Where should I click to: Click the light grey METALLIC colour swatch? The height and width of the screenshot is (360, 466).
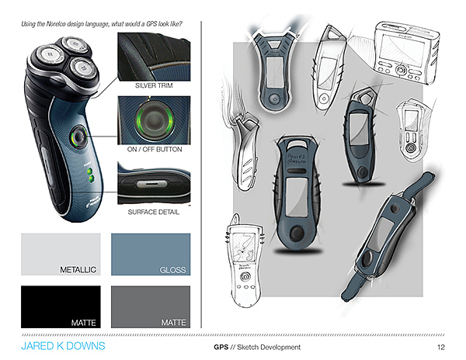click(x=60, y=253)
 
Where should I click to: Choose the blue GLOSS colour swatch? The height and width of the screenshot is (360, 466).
click(x=151, y=253)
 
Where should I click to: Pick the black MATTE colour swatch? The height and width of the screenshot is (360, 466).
click(x=60, y=306)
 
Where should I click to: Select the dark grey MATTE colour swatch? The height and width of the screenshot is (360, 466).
click(x=151, y=306)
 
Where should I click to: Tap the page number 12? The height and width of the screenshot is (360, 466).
click(x=441, y=347)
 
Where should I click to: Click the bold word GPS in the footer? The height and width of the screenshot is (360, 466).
click(x=221, y=347)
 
